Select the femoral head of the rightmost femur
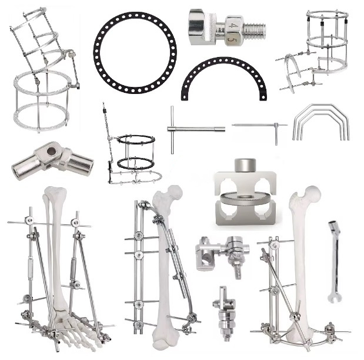[311, 194]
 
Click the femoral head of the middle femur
[174, 192]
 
